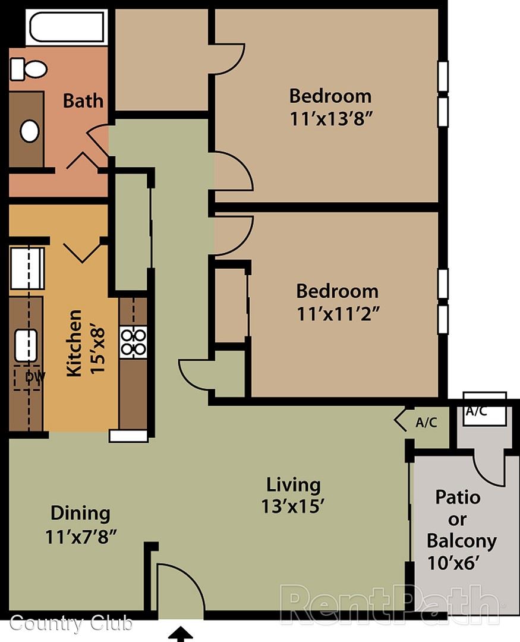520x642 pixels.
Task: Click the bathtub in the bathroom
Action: coord(67,27)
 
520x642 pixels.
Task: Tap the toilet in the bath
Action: coord(29,69)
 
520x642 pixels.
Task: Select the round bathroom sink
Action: coord(30,131)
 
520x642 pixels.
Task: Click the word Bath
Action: coord(83,100)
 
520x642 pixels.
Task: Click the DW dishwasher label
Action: coord(35,377)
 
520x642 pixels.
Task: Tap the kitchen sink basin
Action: coord(26,345)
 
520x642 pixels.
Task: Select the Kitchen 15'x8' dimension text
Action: coord(86,343)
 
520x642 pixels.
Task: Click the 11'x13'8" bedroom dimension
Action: coord(331,119)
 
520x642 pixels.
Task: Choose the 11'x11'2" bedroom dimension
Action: coord(338,314)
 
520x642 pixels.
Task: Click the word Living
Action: coord(293,485)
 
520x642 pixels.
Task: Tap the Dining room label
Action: coord(80,514)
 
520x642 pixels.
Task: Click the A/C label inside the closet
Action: coord(426,422)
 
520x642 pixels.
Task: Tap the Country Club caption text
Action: coord(71,623)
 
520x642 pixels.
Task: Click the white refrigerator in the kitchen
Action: coord(27,268)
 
